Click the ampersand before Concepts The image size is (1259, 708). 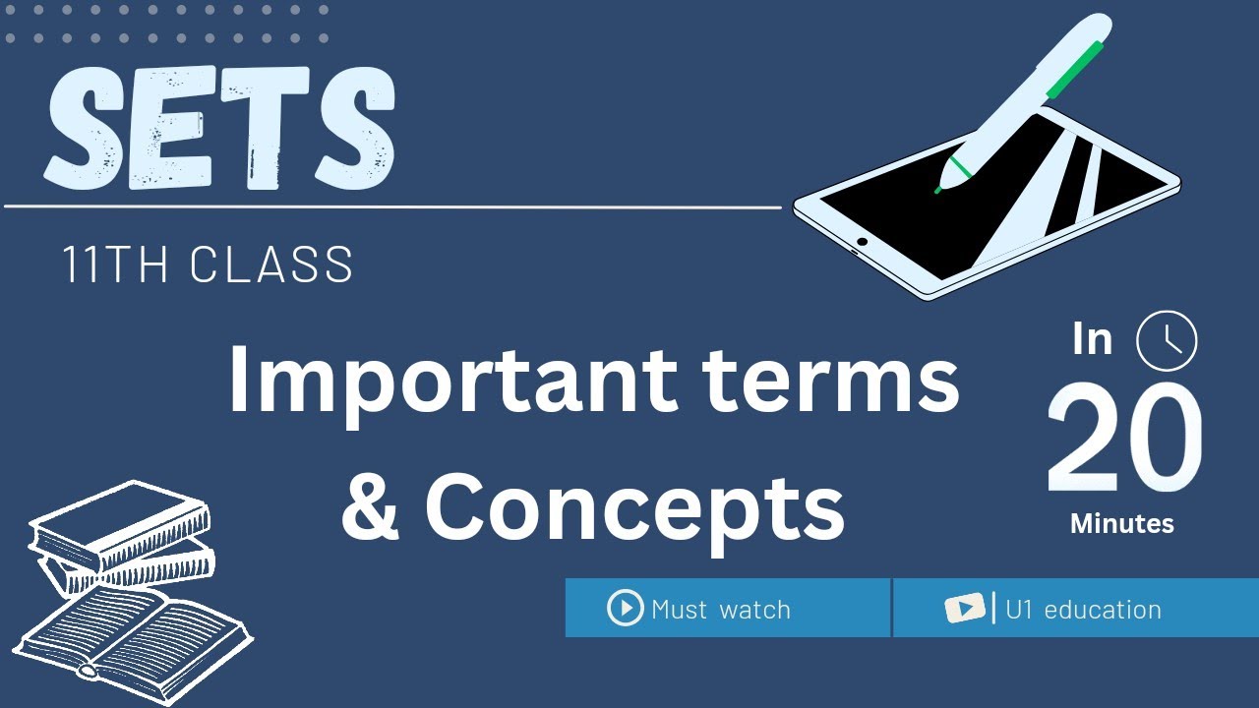370,506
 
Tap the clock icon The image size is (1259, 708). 1167,341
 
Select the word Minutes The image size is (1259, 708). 1122,523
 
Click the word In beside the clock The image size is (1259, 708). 1093,339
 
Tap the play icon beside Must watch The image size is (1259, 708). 625,608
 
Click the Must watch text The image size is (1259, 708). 721,610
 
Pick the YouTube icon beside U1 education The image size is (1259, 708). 965,609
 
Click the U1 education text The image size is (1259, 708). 1083,610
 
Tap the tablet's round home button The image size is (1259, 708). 863,241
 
